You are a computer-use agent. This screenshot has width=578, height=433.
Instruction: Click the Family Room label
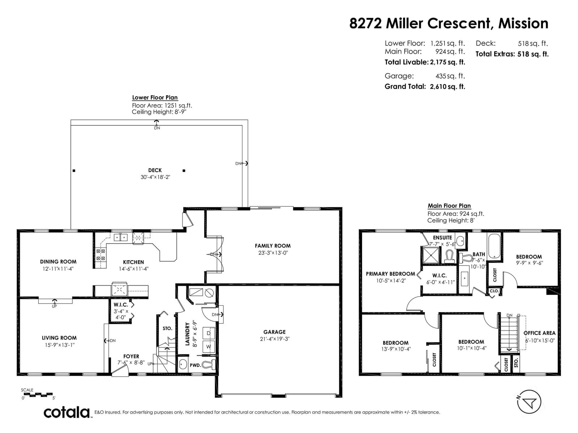click(272, 246)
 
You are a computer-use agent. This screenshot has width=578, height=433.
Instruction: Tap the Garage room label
click(275, 332)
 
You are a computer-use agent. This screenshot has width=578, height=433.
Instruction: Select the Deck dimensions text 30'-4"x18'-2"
click(155, 177)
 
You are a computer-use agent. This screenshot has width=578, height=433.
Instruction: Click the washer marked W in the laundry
click(208, 346)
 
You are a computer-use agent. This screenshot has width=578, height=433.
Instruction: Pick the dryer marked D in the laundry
click(208, 333)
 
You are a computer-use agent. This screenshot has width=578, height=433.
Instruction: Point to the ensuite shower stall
click(430, 255)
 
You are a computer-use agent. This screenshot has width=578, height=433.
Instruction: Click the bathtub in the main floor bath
click(494, 246)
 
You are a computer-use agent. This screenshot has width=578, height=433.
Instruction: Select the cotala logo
click(66, 412)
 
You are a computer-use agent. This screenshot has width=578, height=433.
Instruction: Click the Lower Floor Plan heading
click(155, 97)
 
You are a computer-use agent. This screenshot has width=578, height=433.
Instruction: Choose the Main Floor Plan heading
click(449, 206)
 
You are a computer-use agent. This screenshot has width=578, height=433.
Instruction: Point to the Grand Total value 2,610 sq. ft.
click(447, 87)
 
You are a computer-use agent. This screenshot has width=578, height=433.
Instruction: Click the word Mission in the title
click(523, 23)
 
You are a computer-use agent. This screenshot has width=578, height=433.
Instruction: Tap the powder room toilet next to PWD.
click(210, 364)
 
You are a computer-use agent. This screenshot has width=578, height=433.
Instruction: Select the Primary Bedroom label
click(391, 274)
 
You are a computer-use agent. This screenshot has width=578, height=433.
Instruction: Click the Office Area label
click(539, 333)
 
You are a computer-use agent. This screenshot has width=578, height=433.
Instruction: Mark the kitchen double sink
click(121, 237)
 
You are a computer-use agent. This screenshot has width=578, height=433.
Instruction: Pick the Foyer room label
click(131, 357)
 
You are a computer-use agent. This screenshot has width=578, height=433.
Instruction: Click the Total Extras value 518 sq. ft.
click(533, 54)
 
